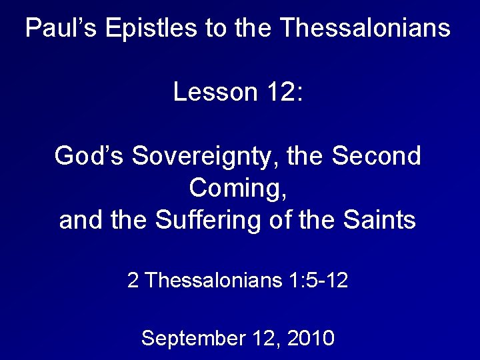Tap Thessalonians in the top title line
pos(365,29)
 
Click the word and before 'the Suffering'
pos(81,219)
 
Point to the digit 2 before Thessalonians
pos(133,281)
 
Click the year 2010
pos(311,338)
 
